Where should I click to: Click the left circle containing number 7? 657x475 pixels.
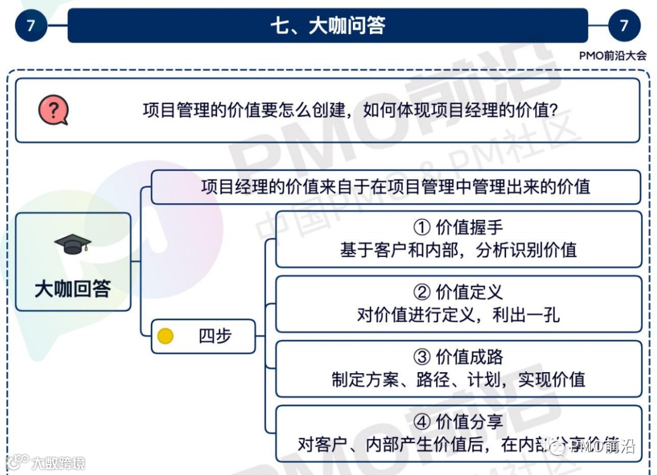click(31, 26)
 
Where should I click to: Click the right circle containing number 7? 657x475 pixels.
click(624, 26)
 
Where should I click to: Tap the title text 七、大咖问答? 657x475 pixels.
click(327, 26)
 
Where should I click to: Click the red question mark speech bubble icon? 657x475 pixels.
click(53, 111)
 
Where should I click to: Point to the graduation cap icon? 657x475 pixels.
click(72, 244)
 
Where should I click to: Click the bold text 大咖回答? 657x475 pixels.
click(72, 289)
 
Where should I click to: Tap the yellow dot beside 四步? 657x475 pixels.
click(165, 336)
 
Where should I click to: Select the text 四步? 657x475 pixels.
click(215, 336)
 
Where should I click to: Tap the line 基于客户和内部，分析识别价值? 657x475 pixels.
click(458, 250)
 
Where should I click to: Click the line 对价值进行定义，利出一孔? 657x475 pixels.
click(458, 315)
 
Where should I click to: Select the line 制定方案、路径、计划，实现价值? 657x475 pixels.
click(458, 379)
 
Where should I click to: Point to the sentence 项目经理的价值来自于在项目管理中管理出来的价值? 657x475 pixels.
click(395, 186)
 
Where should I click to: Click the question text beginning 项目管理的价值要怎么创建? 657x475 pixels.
click(350, 111)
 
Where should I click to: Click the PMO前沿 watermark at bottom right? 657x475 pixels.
click(599, 447)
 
